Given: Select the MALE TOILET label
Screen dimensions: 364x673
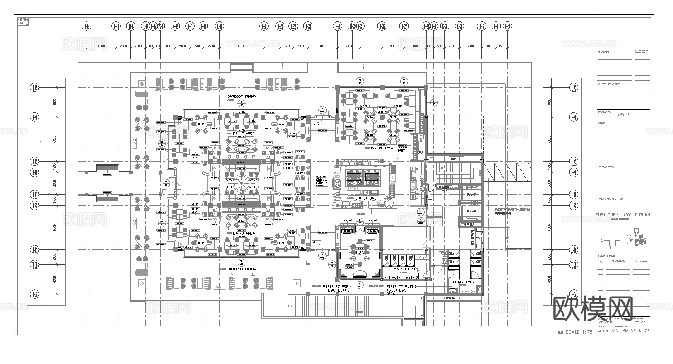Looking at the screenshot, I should click(x=404, y=269).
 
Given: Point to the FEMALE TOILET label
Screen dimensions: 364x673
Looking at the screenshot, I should click(x=463, y=282).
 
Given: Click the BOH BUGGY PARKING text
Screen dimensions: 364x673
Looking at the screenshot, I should click(x=513, y=210).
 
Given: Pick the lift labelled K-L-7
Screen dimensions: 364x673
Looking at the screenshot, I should click(x=471, y=194).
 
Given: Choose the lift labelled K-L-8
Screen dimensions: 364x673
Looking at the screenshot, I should click(x=471, y=211).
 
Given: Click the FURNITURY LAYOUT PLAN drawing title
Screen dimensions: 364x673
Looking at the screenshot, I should click(x=623, y=215).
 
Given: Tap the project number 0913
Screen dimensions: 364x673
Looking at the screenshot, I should click(x=624, y=115).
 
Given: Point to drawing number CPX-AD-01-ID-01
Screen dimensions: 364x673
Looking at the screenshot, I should click(x=630, y=330).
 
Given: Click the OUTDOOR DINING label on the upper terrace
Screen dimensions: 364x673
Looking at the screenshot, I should click(x=242, y=96).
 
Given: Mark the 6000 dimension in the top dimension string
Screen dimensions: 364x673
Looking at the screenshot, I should click(x=241, y=46).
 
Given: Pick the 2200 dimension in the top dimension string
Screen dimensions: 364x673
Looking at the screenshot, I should click(x=211, y=46).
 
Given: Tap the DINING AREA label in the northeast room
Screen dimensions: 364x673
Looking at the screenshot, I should click(x=382, y=148).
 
